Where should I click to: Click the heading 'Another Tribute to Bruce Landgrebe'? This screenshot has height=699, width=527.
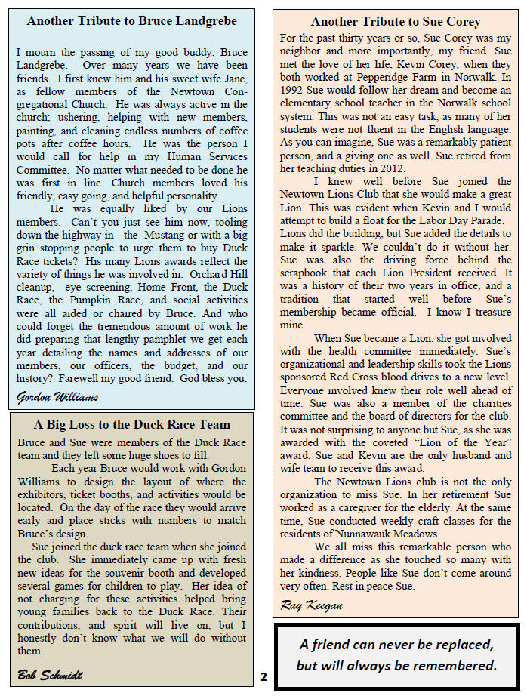tap(131, 21)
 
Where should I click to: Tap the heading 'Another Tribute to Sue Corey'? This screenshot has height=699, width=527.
tap(396, 22)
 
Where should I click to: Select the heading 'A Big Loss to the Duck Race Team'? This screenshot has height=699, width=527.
tap(131, 424)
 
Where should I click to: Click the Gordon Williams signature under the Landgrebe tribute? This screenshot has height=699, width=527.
tap(57, 396)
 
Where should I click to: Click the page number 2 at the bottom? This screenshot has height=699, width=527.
tap(263, 676)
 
